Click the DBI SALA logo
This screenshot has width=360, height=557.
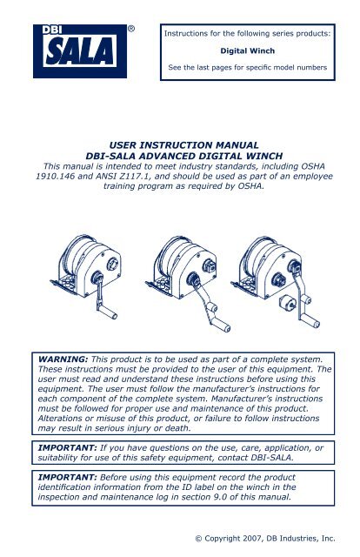coord(80,51)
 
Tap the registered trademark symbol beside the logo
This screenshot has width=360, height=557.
coord(131,29)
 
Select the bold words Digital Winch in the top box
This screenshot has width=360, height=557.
coord(248,50)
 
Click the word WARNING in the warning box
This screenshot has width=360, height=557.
coord(63,359)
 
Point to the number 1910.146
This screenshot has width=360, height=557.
coord(55,176)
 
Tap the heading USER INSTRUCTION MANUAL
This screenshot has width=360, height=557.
coord(183,145)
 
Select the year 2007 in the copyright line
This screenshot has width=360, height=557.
coord(252,539)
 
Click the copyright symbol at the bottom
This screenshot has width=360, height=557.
coord(199,539)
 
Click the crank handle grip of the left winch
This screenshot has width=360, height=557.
coord(108,312)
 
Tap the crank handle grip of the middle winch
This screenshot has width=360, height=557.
coord(221,325)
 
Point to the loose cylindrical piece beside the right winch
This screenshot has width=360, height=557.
coord(288,303)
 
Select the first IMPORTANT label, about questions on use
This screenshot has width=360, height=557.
coord(67,447)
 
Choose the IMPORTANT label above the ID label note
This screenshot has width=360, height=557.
coord(67,477)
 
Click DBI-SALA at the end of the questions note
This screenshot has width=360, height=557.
coord(272,458)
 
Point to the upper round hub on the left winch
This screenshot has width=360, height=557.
coord(112,264)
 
